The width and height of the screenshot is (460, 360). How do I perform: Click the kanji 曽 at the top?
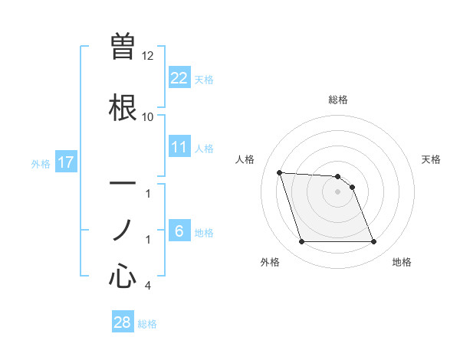(x=123, y=44)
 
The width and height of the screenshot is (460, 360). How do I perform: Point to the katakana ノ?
(x=123, y=229)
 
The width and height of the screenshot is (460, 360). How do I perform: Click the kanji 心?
(x=123, y=275)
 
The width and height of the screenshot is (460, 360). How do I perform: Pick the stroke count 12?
(x=148, y=56)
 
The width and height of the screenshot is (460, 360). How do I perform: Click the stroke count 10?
(x=148, y=116)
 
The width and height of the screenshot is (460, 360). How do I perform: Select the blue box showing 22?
(x=179, y=77)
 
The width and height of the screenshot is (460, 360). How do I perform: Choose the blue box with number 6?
(x=179, y=231)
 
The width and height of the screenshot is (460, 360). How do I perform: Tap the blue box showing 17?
(x=66, y=162)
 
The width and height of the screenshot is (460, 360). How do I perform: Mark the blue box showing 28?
(x=123, y=322)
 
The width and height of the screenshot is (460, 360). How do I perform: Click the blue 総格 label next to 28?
(x=147, y=324)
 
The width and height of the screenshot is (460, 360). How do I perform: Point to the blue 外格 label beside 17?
(x=41, y=163)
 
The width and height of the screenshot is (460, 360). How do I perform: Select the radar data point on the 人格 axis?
(x=279, y=172)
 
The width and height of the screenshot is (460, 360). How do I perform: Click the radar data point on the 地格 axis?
(x=373, y=242)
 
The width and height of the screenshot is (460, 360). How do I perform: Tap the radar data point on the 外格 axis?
(x=301, y=242)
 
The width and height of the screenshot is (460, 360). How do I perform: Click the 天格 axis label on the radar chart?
(x=431, y=159)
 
